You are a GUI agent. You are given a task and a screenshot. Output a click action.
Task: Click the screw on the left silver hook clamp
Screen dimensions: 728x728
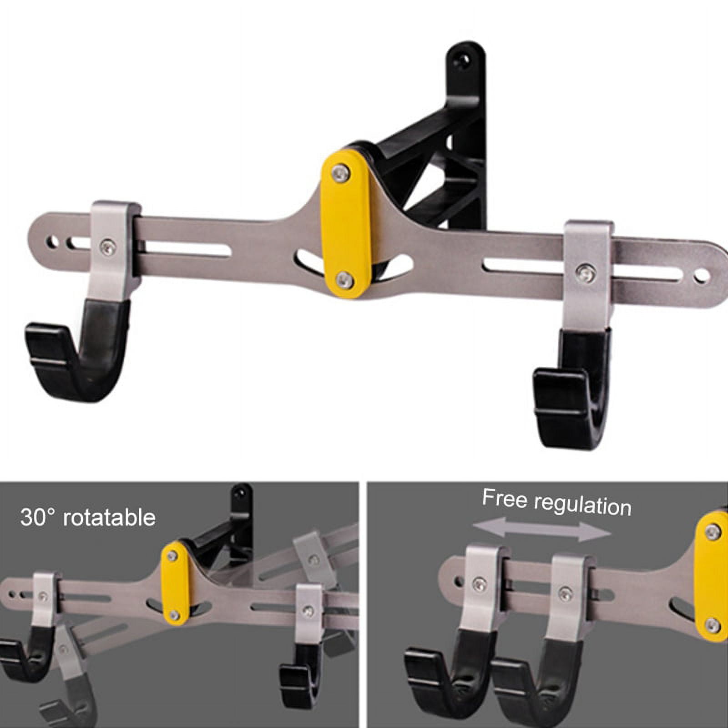107,247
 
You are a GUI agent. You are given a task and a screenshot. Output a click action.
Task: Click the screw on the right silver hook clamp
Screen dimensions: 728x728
586,273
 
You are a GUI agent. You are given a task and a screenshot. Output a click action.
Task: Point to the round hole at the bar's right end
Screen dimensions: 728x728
702,274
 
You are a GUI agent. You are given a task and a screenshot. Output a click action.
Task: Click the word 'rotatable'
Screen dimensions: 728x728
109,518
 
